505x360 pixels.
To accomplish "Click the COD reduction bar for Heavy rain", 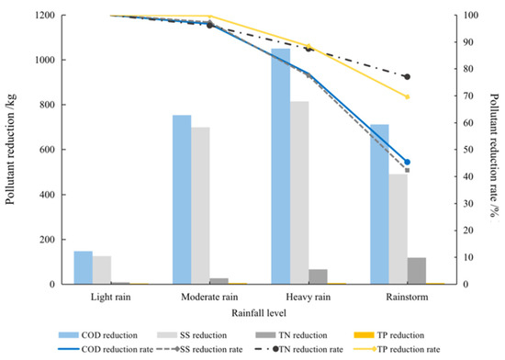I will click(279, 166).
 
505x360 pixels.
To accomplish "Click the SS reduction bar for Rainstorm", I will click(397, 230).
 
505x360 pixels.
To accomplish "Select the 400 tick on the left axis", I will click(45, 195).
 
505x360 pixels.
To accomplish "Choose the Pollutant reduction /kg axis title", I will click(13, 150).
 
